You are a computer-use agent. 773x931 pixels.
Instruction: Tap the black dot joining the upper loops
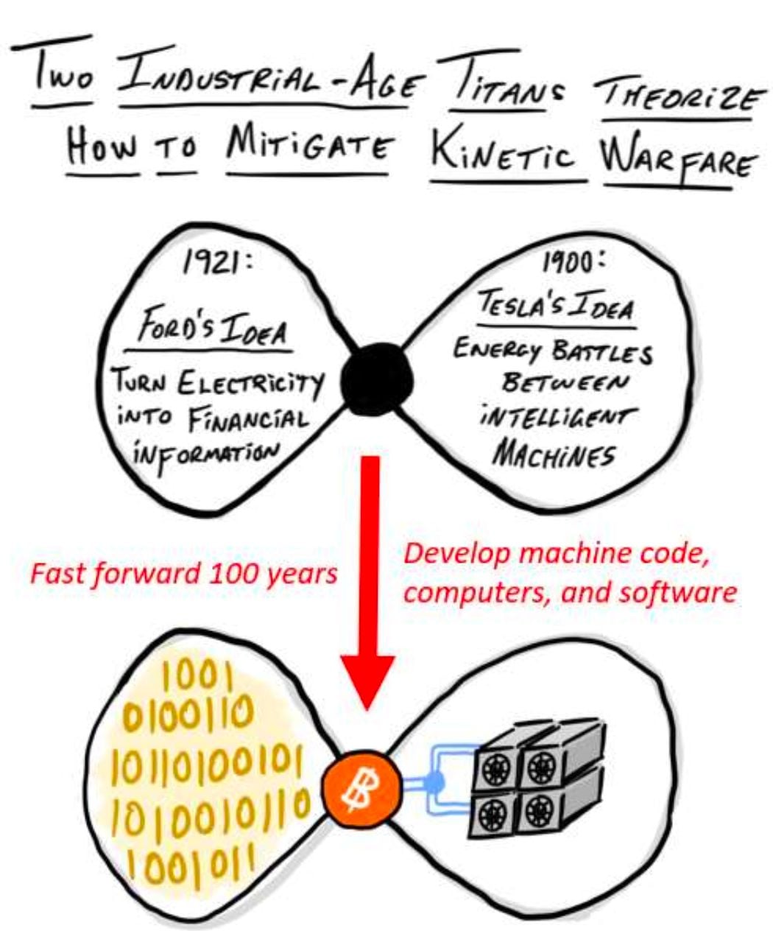pyautogui.click(x=377, y=380)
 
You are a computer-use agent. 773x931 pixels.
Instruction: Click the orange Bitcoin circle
pyautogui.click(x=361, y=789)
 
